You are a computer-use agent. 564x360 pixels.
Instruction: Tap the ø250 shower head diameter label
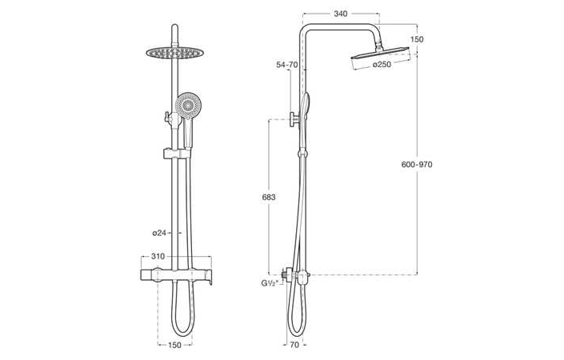tap(382, 65)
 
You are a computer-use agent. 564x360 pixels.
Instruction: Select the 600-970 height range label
tap(416, 164)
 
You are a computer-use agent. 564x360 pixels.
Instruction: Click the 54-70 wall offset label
tap(288, 64)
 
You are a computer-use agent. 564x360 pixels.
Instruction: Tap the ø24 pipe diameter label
tap(159, 233)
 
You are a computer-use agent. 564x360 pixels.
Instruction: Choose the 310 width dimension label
tap(158, 257)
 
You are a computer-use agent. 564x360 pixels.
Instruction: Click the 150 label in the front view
tap(174, 345)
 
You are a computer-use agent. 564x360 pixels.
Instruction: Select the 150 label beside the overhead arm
tap(418, 39)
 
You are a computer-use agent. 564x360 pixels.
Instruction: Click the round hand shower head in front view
tap(189, 106)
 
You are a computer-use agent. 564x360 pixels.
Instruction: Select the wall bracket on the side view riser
tap(296, 120)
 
